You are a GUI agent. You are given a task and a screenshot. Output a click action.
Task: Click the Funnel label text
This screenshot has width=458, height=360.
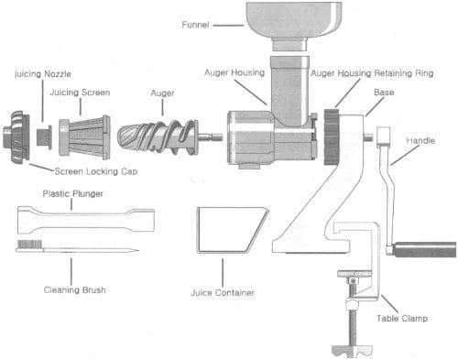tap(195, 25)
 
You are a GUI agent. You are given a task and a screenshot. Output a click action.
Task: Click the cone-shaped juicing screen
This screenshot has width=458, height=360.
tap(84, 136)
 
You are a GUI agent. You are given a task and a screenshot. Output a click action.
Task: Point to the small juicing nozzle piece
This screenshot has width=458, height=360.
tap(44, 136)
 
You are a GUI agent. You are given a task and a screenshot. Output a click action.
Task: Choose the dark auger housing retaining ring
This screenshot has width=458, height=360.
tap(332, 137)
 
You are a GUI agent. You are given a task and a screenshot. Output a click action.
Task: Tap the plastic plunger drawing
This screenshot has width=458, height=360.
tap(86, 220)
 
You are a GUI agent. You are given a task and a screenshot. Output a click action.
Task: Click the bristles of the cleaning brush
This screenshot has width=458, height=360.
tap(29, 244)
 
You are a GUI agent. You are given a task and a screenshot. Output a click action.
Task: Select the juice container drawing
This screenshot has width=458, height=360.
tap(231, 231)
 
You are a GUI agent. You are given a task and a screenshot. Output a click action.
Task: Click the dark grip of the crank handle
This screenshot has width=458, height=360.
tap(425, 249)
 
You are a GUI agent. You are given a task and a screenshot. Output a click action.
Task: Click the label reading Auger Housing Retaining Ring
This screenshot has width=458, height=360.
tap(372, 73)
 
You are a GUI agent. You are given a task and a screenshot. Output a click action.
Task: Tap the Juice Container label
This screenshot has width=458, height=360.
tap(223, 292)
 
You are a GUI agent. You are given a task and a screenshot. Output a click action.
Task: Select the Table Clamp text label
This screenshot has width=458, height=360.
tap(402, 319)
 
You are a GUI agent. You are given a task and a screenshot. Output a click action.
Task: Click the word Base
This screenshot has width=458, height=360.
tap(384, 93)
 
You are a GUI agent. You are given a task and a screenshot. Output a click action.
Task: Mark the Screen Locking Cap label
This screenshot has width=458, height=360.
tap(96, 171)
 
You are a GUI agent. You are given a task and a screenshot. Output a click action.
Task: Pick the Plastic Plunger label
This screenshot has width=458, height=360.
tap(72, 193)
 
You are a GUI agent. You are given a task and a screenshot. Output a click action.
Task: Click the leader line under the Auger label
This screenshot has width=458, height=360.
tap(162, 107)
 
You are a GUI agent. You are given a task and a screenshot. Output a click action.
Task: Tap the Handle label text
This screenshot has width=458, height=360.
tap(420, 141)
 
